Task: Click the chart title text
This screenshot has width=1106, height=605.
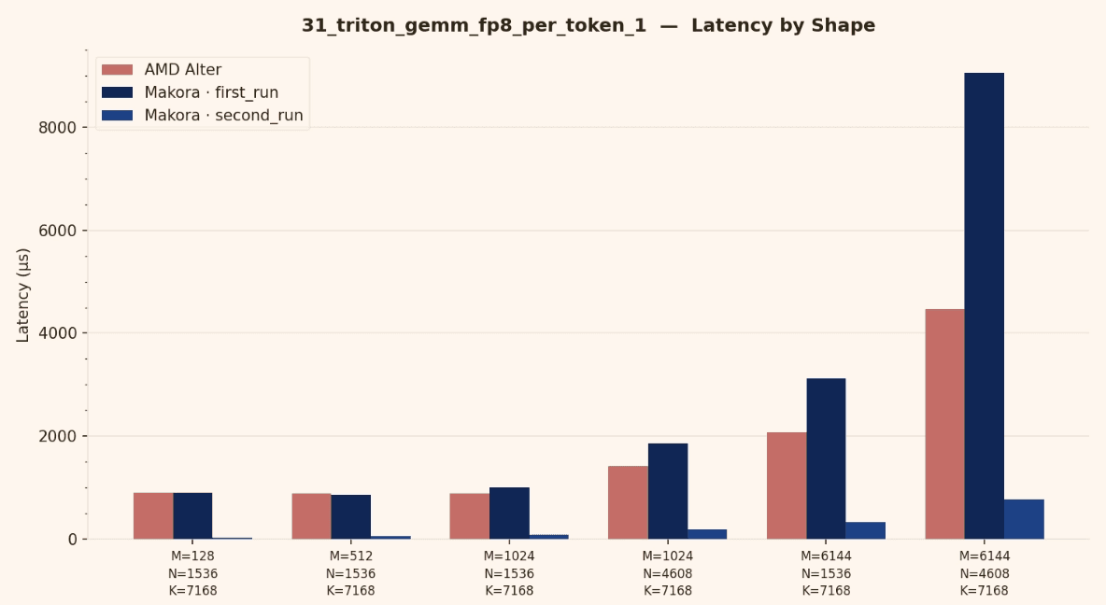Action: [588, 26]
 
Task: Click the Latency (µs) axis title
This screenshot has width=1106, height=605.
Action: [23, 295]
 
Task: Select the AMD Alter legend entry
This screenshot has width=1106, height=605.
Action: [182, 70]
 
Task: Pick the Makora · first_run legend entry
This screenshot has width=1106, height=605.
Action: [211, 92]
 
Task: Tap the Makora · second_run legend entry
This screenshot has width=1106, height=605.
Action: [223, 116]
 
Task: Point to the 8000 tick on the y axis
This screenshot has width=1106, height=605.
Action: [58, 127]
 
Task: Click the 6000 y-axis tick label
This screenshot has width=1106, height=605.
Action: [58, 231]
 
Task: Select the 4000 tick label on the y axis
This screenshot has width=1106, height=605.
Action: [58, 333]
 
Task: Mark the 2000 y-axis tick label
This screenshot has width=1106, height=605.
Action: [58, 436]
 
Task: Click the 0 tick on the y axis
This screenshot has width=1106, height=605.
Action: [71, 540]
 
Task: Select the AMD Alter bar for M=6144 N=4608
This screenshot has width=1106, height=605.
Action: [944, 424]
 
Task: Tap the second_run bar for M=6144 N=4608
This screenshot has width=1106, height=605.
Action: [1024, 519]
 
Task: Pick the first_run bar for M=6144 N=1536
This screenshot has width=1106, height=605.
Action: [826, 458]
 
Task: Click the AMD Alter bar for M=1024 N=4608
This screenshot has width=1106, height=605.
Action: [628, 502]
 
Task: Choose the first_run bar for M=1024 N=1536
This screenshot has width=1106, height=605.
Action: [509, 513]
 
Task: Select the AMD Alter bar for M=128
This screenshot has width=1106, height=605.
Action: [153, 515]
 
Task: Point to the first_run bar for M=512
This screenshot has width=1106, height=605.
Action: [350, 516]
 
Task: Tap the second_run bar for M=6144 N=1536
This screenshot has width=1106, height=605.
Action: [865, 530]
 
